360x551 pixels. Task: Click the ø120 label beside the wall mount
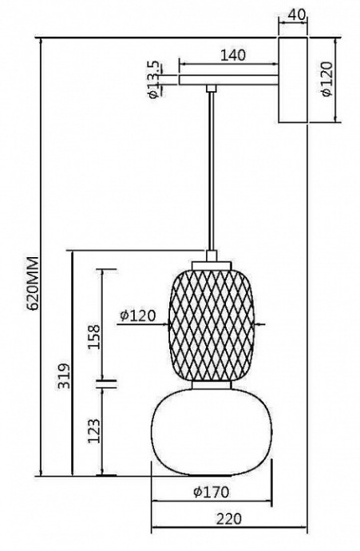[327, 80]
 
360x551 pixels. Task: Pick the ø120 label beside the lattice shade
[136, 315]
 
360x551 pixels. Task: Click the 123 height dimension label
[93, 432]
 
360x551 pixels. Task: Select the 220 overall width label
[229, 519]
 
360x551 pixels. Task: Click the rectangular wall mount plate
[293, 80]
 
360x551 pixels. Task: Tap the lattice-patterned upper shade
[212, 323]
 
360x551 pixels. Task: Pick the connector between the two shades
[212, 385]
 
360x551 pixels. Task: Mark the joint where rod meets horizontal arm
[212, 88]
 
